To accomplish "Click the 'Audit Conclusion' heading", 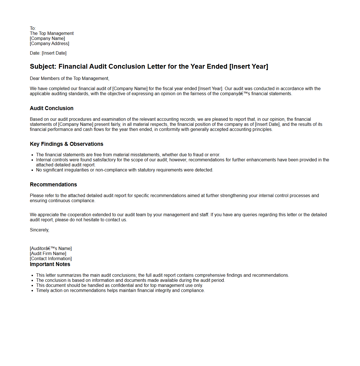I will tap(52, 108).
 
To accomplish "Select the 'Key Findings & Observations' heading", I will tap(66, 144).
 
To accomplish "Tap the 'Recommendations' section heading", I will tap(53, 185).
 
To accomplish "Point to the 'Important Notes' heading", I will tap(50, 264).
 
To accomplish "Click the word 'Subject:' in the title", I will tap(43, 67).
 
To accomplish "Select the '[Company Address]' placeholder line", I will tap(50, 44).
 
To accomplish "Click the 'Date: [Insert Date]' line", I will tap(48, 53).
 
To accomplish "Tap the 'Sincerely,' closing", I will tap(39, 230).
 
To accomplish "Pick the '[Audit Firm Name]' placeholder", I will tap(48, 254).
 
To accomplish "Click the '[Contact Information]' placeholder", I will tap(51, 259).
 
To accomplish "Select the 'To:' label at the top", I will tap(33, 28).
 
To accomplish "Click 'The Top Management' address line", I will tap(52, 34).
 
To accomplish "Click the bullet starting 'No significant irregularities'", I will tap(125, 170).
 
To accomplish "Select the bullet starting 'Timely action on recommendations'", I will tap(120, 291).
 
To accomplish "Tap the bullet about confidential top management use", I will tap(119, 285).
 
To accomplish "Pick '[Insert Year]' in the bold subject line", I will tap(249, 67).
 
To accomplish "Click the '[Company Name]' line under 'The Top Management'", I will tap(47, 39).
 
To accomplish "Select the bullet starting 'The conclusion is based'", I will tap(130, 280).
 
